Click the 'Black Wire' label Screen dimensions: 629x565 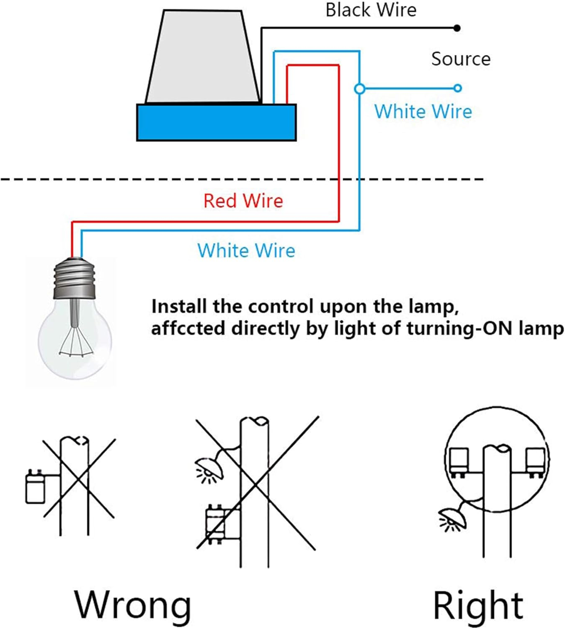coord(371,10)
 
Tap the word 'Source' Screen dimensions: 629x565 coord(461,59)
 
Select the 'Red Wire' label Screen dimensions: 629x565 coord(243,201)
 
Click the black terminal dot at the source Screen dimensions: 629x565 coord(457,28)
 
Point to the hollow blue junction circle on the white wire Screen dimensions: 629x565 coord(359,89)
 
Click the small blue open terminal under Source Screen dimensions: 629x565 coord(457,88)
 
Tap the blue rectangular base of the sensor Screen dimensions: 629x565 coord(217,122)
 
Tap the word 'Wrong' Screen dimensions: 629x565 coord(133,605)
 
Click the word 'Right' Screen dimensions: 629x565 coord(478,605)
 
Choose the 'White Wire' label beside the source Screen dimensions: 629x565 coord(423,112)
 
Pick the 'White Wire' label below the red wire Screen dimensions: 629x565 coord(246,251)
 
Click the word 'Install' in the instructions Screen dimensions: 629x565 coord(179,307)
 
